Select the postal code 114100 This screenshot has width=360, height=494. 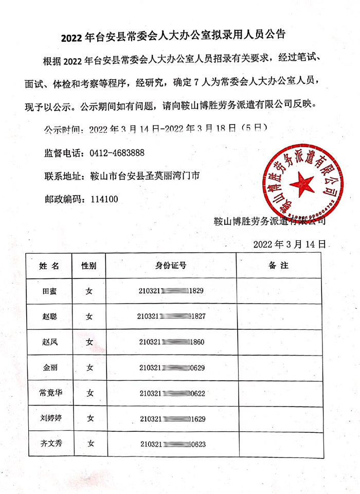point(104,199)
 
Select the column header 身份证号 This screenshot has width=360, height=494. point(171,266)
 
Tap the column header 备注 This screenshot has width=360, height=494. point(279,266)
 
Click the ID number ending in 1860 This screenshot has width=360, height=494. point(172,342)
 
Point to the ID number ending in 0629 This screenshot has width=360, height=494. point(172,367)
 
